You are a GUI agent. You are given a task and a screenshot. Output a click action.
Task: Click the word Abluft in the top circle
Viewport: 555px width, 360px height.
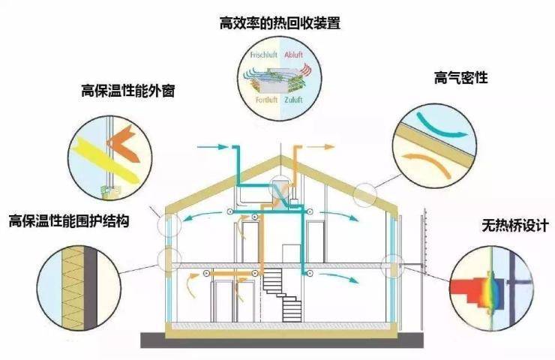(x=293, y=54)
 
